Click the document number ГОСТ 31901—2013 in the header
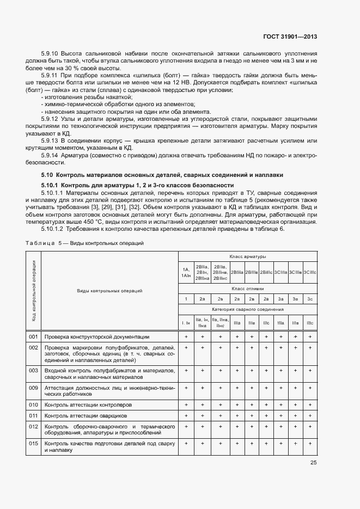point(290,37)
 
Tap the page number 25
point(314,463)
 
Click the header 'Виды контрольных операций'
point(109,291)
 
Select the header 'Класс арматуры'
point(247,256)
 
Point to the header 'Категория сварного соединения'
point(247,309)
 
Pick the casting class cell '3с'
point(309,299)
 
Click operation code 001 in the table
point(33,337)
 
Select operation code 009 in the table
point(33,388)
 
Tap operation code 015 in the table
point(33,443)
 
